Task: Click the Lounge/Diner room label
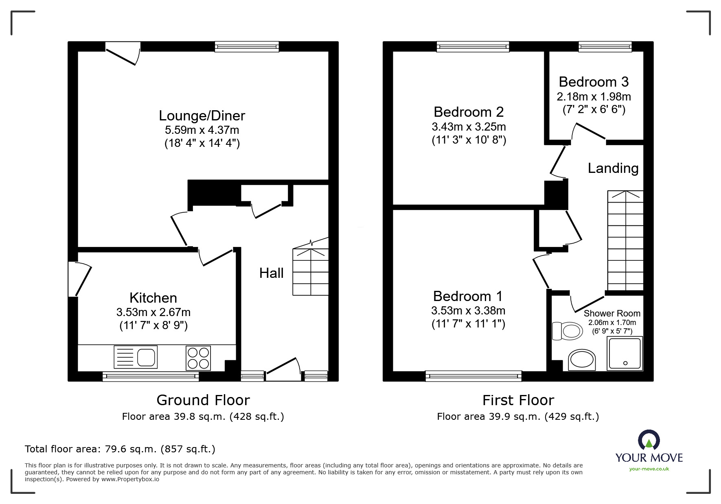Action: pos(202,116)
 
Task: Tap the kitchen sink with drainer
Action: pos(136,358)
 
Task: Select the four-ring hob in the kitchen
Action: pos(198,358)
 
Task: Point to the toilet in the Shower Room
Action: pos(567,331)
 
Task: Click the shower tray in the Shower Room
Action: pos(625,353)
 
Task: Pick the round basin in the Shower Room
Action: pos(582,360)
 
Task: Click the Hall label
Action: pos(271,273)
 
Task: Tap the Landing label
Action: pos(613,168)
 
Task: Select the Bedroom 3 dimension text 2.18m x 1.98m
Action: pos(594,97)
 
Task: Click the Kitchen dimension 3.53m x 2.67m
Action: pos(153,312)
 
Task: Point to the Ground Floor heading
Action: pos(203,400)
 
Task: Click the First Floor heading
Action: pos(518,400)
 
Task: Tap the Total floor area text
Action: pos(120,449)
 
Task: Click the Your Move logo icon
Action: pos(649,441)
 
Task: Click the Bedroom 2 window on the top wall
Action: pos(473,47)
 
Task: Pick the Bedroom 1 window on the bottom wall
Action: pos(473,376)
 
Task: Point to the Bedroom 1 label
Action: pos(468,296)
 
